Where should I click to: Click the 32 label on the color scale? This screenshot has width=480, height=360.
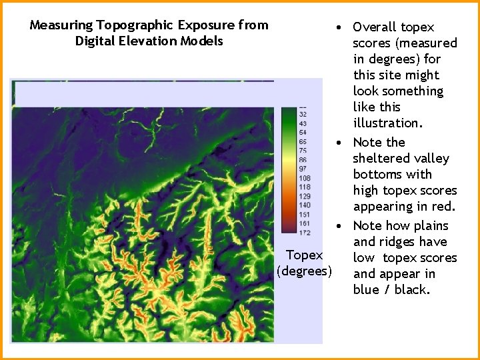click(303, 115)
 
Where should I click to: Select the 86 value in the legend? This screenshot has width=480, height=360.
click(303, 160)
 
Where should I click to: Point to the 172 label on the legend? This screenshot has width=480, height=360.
click(303, 233)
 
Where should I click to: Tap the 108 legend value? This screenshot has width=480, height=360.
click(303, 178)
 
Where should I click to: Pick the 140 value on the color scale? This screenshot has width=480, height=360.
click(303, 205)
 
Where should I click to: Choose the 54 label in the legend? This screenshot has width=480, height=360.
click(303, 133)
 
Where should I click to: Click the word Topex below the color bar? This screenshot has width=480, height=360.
click(304, 255)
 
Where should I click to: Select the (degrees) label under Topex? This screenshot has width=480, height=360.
click(304, 271)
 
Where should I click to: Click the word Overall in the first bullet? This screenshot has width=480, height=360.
click(375, 27)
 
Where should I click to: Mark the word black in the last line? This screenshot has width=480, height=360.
click(412, 290)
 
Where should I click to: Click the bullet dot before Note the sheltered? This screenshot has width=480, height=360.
click(340, 143)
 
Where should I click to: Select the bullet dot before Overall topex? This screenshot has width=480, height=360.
click(340, 27)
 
